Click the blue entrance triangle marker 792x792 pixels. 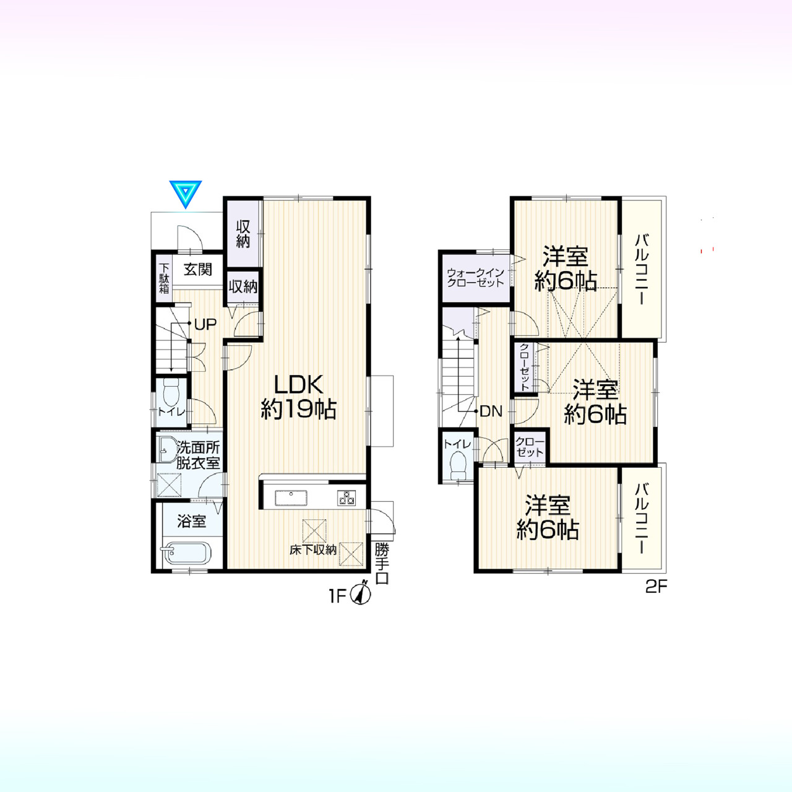pyautogui.click(x=186, y=194)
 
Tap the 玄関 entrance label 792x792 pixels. pyautogui.click(x=198, y=270)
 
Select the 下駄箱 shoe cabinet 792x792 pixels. pyautogui.click(x=164, y=278)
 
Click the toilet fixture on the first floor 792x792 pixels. pyautogui.click(x=171, y=392)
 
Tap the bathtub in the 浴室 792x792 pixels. pyautogui.click(x=187, y=553)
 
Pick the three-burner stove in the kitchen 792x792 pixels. pyautogui.click(x=346, y=497)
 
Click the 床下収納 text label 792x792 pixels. pyautogui.click(x=313, y=550)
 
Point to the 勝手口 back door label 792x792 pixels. pyautogui.click(x=382, y=564)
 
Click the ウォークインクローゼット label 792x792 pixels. pyautogui.click(x=475, y=277)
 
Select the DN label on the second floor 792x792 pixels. pyautogui.click(x=491, y=411)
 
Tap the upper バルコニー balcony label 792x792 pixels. pyautogui.click(x=641, y=270)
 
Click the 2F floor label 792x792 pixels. pyautogui.click(x=655, y=587)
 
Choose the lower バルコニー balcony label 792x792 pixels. pyautogui.click(x=641, y=520)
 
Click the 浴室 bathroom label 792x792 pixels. pyautogui.click(x=192, y=521)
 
